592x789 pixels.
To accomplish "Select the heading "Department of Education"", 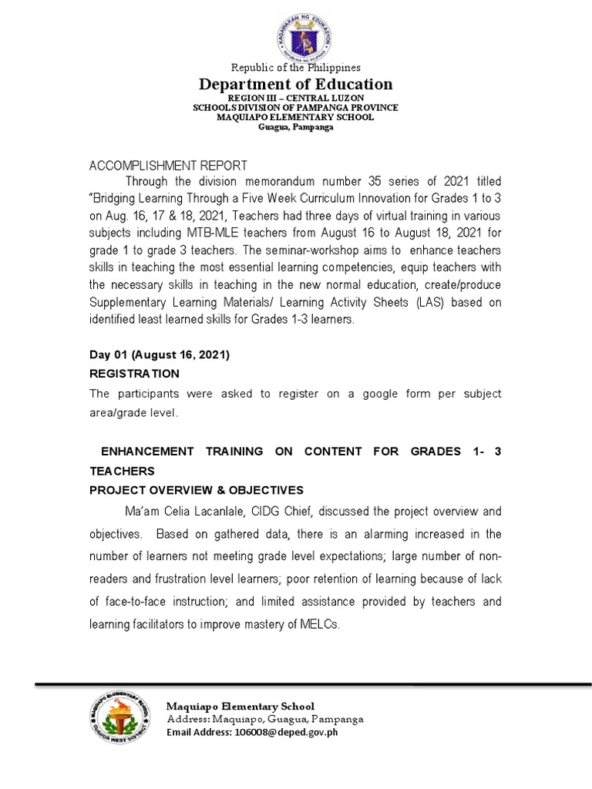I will [296, 84].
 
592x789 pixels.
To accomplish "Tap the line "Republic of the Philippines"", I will [296, 68].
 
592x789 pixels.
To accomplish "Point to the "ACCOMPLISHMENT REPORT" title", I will [169, 166].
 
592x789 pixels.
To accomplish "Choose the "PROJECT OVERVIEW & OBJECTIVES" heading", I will [197, 490].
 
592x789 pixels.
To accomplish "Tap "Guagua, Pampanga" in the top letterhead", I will [296, 127].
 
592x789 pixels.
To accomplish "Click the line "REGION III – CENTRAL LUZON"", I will [296, 99].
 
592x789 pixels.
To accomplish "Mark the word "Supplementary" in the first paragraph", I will [129, 301].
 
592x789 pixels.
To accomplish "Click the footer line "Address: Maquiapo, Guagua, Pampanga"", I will [265, 719].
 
